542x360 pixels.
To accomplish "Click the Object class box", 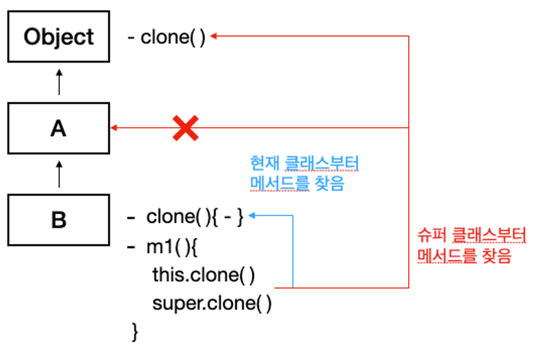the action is [59, 37].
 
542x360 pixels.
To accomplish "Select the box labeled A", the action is [59, 129].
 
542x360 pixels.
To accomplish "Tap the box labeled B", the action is [59, 220].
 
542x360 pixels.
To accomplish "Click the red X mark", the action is [186, 128].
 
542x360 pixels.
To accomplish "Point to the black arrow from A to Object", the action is [59, 82].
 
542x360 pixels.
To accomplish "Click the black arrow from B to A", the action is [59, 174].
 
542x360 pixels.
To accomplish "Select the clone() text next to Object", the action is [173, 37].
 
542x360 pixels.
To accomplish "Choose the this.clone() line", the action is [204, 275].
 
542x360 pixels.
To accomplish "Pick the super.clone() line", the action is [212, 303].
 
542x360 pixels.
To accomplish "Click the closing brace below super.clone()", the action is [135, 332].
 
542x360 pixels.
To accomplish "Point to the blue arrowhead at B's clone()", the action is [251, 215].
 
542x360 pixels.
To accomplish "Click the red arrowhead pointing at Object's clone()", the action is [214, 36].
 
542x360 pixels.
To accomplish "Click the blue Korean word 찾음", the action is [330, 183].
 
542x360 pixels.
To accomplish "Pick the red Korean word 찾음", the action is [497, 256].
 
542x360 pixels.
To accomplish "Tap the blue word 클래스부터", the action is [322, 163].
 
